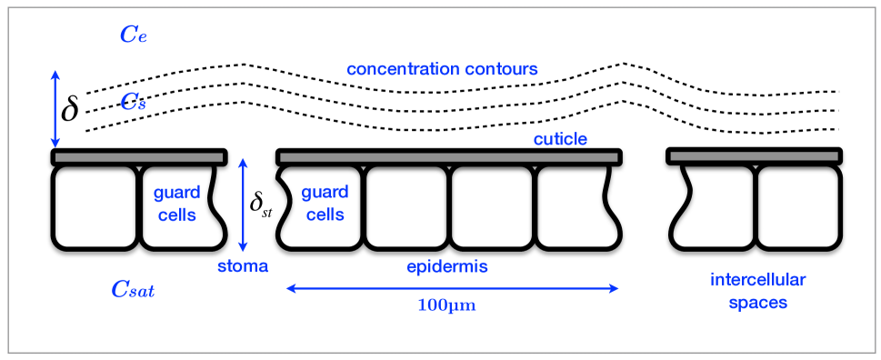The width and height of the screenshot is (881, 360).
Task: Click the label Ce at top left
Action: point(134,35)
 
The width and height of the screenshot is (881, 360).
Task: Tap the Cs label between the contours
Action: point(134,103)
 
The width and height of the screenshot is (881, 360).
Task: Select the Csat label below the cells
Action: point(133,290)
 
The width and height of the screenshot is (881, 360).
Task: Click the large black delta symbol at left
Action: point(69,109)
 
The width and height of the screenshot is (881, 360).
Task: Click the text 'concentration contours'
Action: point(442,69)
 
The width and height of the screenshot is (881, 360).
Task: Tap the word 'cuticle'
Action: point(560,139)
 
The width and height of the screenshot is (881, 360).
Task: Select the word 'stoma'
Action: point(243,266)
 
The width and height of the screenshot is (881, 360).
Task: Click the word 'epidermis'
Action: point(446,266)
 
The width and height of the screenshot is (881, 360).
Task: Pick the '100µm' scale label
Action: point(446,305)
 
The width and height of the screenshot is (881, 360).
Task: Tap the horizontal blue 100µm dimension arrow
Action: point(452,288)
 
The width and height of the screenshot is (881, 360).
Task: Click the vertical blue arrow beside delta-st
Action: point(242,205)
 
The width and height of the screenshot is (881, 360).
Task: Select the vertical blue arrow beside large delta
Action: point(55,109)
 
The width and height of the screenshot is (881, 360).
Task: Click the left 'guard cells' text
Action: point(171,205)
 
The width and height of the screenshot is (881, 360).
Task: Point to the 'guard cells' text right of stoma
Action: point(323,205)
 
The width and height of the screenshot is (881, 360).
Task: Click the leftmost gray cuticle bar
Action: point(138,157)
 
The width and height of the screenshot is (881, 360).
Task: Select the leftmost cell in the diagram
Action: point(94,206)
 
